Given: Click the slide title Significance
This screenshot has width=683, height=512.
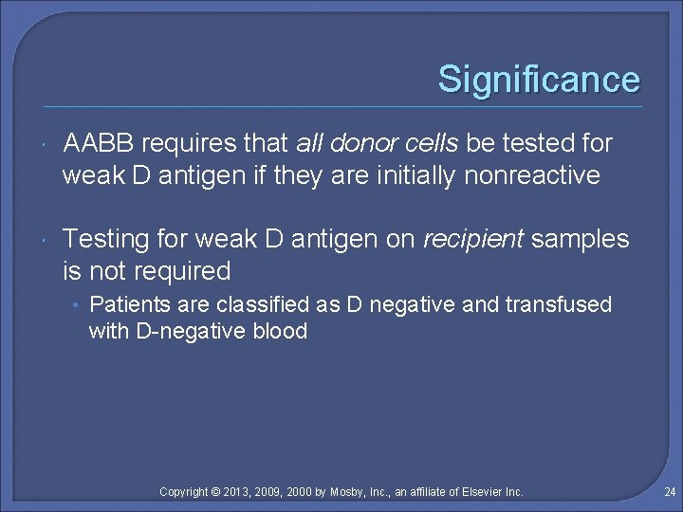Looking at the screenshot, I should pos(538,80).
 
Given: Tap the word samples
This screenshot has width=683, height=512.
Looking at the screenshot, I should pos(580,240).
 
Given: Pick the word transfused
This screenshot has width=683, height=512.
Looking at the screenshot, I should pos(567,305).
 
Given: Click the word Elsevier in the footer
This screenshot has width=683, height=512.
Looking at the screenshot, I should pos(480,492).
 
